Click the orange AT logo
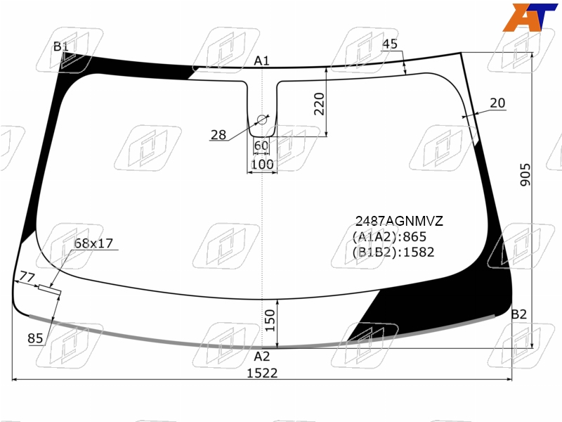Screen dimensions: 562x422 pos(530,17)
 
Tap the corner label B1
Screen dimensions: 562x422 pos(60,46)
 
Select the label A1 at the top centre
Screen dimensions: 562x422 pos(261,61)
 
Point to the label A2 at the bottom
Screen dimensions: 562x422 pos(261,357)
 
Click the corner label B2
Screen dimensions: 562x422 pos(518,314)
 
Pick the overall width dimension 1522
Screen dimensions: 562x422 pos(262,373)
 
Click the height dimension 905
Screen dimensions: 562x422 pos(525,174)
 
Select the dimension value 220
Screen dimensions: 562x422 pos(319,104)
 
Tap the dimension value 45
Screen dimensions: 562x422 pos(390,44)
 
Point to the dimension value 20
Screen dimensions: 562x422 pos(497,103)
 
